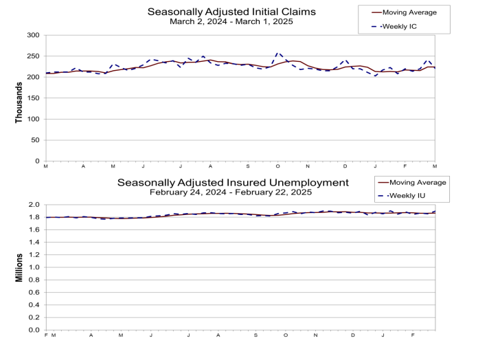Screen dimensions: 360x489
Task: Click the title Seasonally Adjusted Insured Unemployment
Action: click(x=233, y=183)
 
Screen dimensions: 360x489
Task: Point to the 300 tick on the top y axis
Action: click(x=33, y=34)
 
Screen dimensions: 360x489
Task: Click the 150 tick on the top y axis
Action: click(x=33, y=98)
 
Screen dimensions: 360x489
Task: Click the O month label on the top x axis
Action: click(x=278, y=167)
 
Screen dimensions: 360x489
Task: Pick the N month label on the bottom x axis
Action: click(x=315, y=336)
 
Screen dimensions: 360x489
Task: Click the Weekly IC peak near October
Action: click(x=277, y=52)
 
